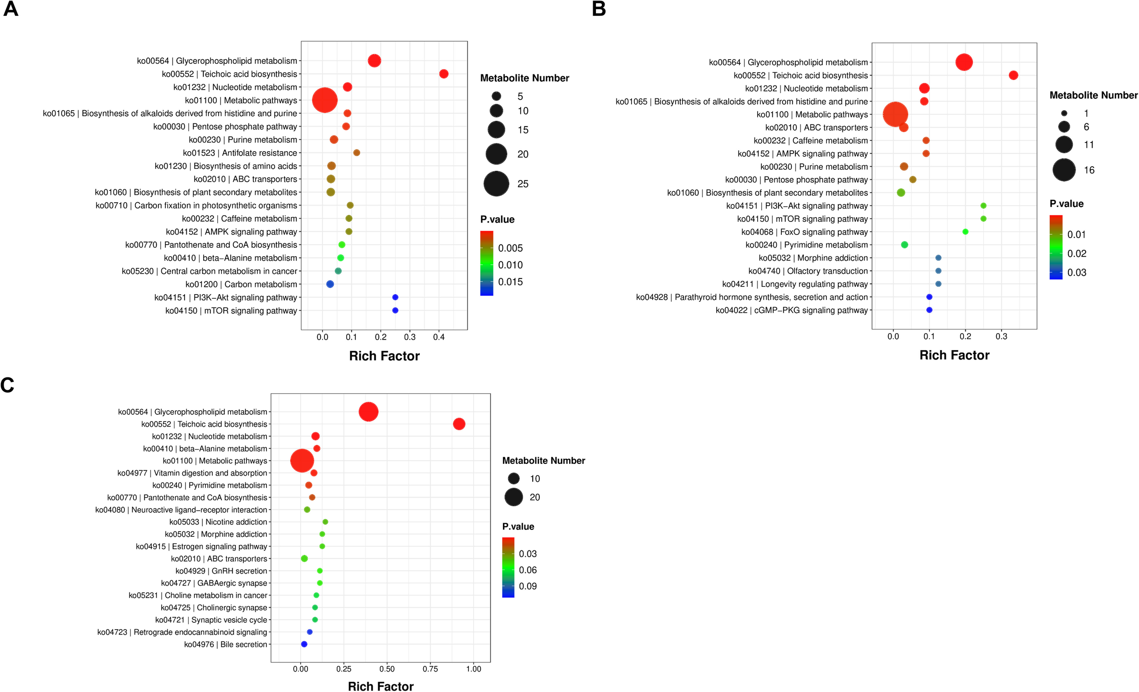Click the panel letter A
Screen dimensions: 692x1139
point(10,9)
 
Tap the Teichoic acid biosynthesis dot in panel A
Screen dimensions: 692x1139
point(443,74)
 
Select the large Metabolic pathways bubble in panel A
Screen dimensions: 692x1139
point(324,100)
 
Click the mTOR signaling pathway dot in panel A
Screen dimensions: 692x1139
point(395,310)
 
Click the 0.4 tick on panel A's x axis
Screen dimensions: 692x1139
point(439,337)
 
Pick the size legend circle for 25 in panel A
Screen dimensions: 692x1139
point(496,184)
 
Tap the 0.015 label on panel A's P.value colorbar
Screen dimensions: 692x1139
point(510,282)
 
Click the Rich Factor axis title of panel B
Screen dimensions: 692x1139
point(954,355)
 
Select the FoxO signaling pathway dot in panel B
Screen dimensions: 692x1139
point(965,232)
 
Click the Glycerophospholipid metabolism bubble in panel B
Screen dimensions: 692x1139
point(964,62)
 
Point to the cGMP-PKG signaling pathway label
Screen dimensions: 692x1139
point(791,310)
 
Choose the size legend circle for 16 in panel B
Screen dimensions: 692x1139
point(1064,170)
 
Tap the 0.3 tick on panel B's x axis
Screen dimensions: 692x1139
point(1001,337)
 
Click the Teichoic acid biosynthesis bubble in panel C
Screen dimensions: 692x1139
point(458,424)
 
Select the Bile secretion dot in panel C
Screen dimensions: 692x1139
point(304,644)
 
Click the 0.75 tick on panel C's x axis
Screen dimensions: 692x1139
point(430,669)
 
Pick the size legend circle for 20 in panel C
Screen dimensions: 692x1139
point(513,497)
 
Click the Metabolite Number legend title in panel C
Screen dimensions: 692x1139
point(543,461)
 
